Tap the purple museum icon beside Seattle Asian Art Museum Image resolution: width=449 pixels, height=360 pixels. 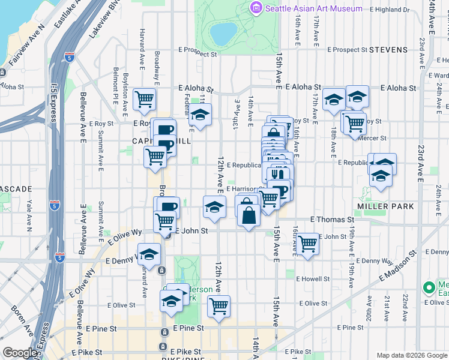click(256, 8)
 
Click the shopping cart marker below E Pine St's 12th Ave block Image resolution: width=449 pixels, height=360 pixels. click(219, 306)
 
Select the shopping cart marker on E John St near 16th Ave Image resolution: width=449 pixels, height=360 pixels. click(307, 243)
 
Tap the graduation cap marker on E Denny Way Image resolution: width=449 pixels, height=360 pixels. click(149, 253)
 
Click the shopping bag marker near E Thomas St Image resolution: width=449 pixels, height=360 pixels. click(249, 214)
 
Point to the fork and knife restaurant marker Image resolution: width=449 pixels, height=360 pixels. click(277, 173)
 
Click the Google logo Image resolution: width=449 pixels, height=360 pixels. click(20, 353)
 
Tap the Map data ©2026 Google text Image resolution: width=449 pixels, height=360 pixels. click(412, 355)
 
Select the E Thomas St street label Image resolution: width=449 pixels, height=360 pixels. click(331, 220)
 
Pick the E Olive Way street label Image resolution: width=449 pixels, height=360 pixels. click(124, 236)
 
